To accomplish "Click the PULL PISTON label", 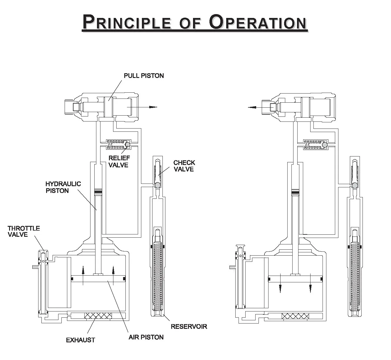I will click(x=144, y=76).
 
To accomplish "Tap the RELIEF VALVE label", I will click(x=119, y=161).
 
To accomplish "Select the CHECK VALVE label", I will click(x=184, y=166).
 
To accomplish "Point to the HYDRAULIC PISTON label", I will click(x=63, y=187).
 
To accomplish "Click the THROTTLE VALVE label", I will click(x=24, y=231).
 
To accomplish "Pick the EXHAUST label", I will click(x=80, y=340).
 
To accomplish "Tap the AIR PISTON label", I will click(x=146, y=337).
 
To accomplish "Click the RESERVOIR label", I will click(x=189, y=326).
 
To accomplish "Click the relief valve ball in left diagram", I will click(x=127, y=144).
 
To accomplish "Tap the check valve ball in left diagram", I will click(x=158, y=185).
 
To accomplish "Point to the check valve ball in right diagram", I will click(x=355, y=185).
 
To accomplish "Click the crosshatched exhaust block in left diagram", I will click(x=98, y=316).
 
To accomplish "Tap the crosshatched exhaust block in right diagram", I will click(x=295, y=316).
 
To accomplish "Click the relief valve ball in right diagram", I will click(x=324, y=144).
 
